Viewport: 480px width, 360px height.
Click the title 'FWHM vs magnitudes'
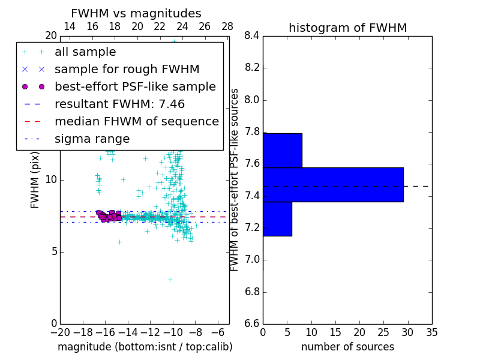pyautogui.click(x=136, y=13)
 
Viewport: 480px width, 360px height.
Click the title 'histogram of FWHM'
pyautogui.click(x=347, y=28)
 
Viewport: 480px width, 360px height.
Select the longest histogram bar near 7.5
pyautogui.click(x=333, y=185)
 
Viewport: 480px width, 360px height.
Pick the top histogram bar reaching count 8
pyautogui.click(x=282, y=150)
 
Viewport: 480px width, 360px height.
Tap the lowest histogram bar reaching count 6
pyautogui.click(x=277, y=219)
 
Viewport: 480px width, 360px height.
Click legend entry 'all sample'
pyautogui.click(x=85, y=52)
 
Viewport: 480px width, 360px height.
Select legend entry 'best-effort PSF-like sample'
pyautogui.click(x=135, y=86)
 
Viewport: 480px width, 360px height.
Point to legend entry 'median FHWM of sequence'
pyautogui.click(x=136, y=121)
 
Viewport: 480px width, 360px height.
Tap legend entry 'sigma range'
pyautogui.click(x=92, y=139)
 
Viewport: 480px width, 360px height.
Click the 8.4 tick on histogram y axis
pyautogui.click(x=252, y=35)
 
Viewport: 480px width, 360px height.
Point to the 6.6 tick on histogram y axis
pyautogui.click(x=252, y=324)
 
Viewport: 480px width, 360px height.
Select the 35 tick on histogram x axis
pyautogui.click(x=432, y=332)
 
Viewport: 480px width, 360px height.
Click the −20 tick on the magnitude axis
pyautogui.click(x=60, y=332)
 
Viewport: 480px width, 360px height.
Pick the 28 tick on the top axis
pyautogui.click(x=227, y=26)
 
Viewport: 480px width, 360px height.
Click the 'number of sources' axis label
pyautogui.click(x=347, y=347)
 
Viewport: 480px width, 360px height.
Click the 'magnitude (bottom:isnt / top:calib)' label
pyautogui.click(x=145, y=347)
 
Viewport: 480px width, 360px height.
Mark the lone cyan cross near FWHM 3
pyautogui.click(x=170, y=280)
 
